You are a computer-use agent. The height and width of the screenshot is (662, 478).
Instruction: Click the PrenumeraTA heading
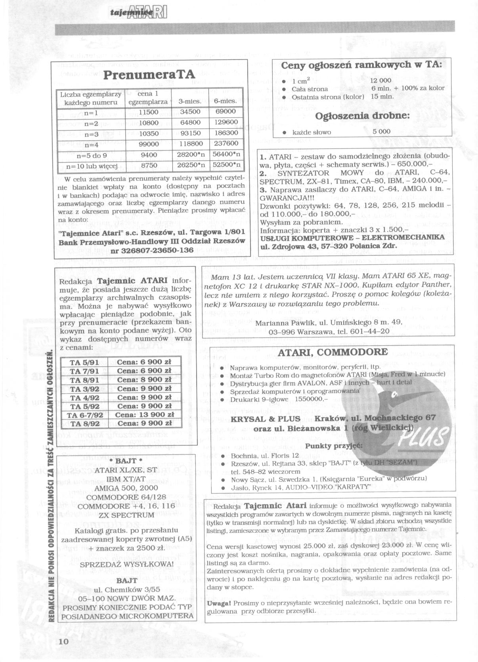tap(149, 75)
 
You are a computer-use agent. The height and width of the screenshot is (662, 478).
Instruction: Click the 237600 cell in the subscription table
tap(226, 143)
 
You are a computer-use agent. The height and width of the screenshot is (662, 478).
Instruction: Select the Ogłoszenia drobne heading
tap(362, 116)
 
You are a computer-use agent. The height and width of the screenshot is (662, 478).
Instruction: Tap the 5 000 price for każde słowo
tap(381, 131)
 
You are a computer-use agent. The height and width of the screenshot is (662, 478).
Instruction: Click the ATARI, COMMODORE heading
tap(333, 352)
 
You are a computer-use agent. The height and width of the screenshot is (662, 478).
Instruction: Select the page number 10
tap(63, 642)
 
